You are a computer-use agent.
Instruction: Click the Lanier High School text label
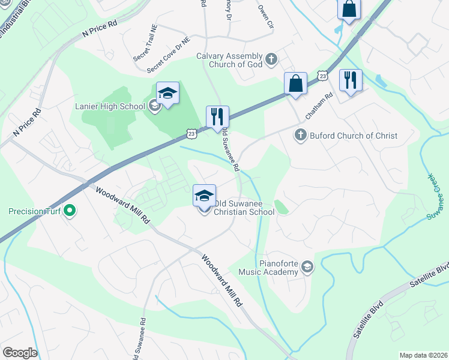point(110,107)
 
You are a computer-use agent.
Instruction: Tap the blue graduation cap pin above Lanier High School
point(168,94)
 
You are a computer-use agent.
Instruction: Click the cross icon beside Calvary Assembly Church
point(271,59)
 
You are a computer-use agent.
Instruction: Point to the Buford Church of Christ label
point(353,136)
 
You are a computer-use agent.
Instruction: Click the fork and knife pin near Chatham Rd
point(350,81)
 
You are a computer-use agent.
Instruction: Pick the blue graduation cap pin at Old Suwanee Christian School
point(204,196)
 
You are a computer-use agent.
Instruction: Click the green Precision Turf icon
point(70,211)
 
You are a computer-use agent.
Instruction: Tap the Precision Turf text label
point(34,211)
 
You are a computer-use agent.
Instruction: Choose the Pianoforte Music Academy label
point(268,268)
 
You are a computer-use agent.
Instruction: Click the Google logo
point(20,353)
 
